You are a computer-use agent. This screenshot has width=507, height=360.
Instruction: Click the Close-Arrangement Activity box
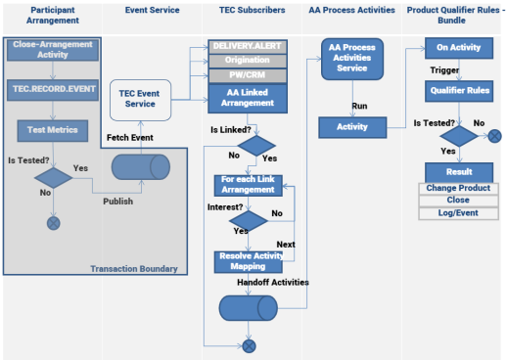[53, 49]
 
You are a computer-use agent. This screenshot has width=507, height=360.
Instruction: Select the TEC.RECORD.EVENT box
[53, 90]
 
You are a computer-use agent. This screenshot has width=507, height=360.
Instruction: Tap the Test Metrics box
[53, 130]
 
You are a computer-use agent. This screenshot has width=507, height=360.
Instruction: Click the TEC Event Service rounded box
[140, 100]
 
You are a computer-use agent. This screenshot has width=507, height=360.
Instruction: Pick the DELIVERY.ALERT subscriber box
[248, 47]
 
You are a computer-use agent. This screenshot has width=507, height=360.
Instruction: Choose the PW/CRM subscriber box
[248, 75]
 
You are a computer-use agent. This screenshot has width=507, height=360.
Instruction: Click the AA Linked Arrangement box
[248, 98]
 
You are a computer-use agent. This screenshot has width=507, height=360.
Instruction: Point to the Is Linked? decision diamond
[256, 146]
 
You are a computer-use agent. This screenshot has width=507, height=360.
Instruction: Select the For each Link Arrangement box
[248, 185]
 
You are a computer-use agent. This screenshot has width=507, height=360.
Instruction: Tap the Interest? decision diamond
[249, 220]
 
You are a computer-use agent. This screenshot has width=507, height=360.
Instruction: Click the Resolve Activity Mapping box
[248, 261]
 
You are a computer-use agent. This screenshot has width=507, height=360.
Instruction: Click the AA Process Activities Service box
[352, 59]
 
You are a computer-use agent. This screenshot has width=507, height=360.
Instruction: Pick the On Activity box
[459, 48]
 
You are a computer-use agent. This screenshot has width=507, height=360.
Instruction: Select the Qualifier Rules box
[459, 91]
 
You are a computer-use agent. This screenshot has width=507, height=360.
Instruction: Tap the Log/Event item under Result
[458, 213]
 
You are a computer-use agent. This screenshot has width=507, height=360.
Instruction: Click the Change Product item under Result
[458, 188]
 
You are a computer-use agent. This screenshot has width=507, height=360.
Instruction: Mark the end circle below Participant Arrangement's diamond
[54, 223]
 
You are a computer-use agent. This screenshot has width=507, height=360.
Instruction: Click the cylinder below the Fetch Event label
[141, 167]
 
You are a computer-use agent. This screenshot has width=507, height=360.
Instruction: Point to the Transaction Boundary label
[134, 269]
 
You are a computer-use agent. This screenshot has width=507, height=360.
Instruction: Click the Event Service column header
[152, 10]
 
